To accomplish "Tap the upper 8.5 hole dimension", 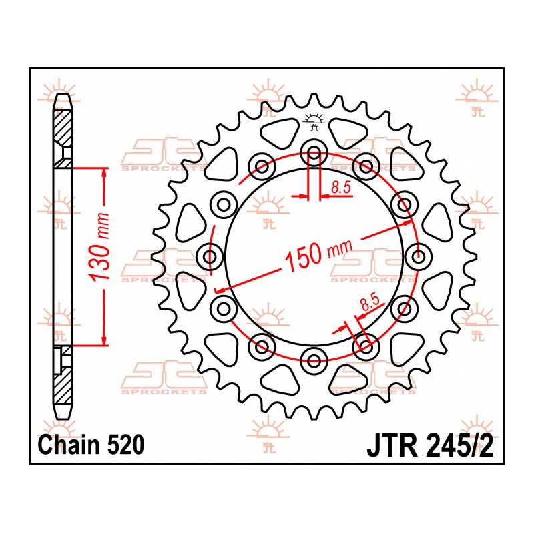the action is [x=341, y=188].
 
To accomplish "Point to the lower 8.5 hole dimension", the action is [x=370, y=302].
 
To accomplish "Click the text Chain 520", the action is [x=91, y=445].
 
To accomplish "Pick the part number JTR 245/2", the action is [x=430, y=445].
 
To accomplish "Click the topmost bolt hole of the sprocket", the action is [x=314, y=152].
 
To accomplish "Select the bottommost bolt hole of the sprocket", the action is [x=314, y=360].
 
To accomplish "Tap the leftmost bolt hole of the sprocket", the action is [x=210, y=256].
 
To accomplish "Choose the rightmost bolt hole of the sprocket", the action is [x=419, y=256].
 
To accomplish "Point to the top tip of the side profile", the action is [x=63, y=94].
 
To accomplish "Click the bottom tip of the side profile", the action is [x=63, y=419].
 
